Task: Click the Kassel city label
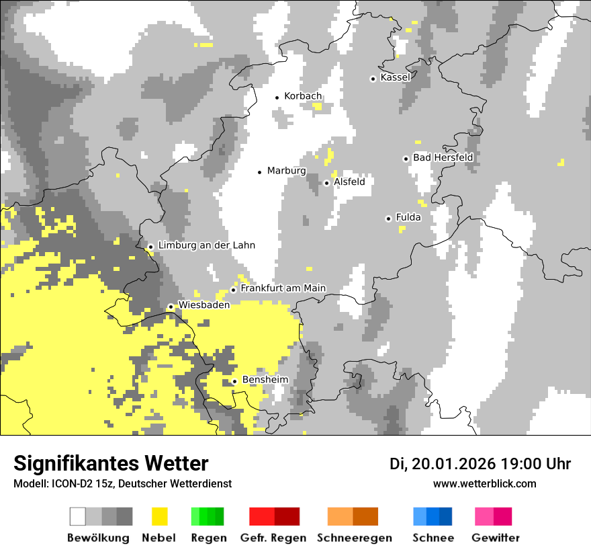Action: pos(395,77)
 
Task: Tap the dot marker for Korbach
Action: pos(277,97)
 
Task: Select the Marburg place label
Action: pos(286,171)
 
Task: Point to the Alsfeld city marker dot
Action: pos(327,183)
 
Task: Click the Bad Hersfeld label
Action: pos(443,157)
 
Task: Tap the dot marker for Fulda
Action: pos(388,218)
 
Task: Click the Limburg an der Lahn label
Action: pos(206,245)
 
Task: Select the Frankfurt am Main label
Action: pos(283,288)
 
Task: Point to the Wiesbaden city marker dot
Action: pos(171,307)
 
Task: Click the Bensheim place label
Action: pos(265,380)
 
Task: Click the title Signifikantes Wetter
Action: pos(111,463)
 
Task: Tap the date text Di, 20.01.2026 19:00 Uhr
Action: pos(480,464)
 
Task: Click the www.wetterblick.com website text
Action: pos(484,483)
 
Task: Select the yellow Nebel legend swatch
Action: pos(159,516)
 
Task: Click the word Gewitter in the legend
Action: pos(495,538)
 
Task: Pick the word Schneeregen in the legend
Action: pos(354,538)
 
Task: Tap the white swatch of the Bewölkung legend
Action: pos(78,516)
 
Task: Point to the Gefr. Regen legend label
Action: pos(273,538)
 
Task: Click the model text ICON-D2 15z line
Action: pos(122,483)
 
